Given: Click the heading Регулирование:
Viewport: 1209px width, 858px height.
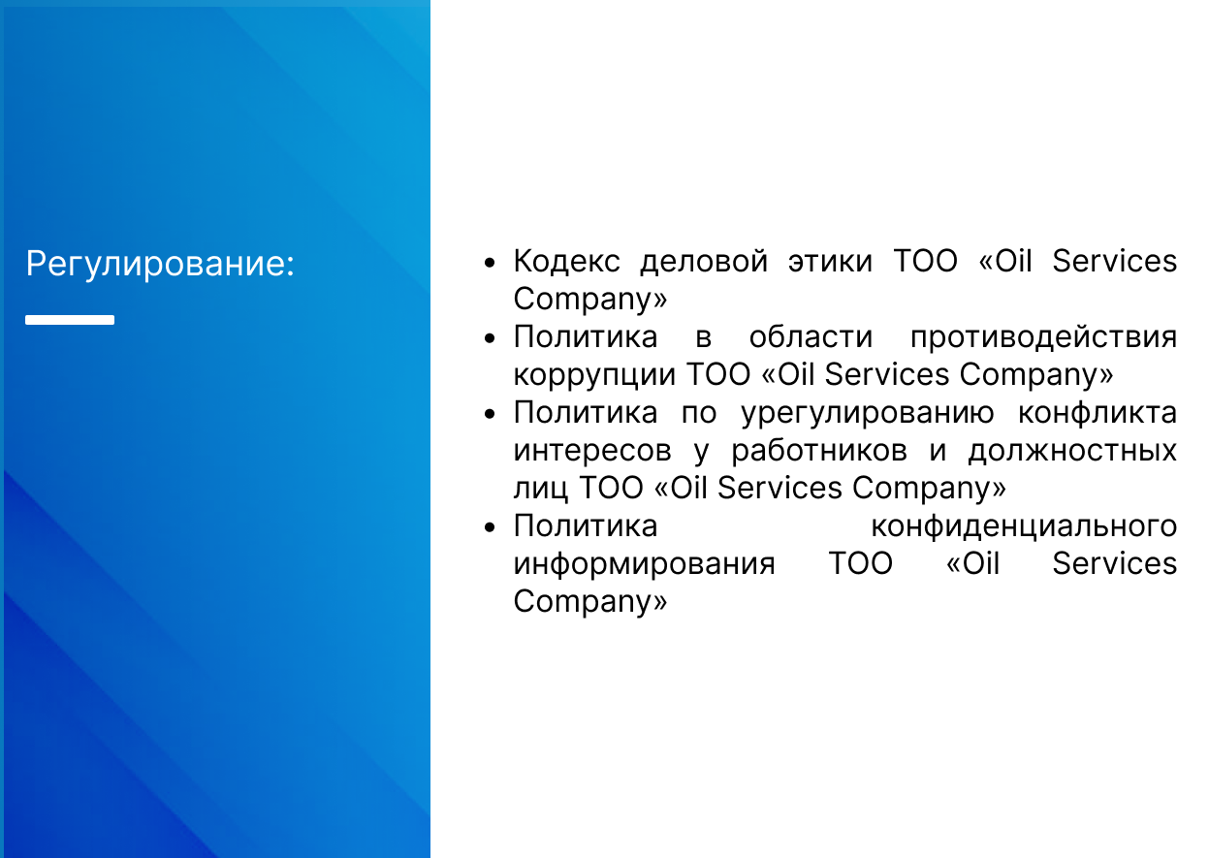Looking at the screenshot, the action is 160,265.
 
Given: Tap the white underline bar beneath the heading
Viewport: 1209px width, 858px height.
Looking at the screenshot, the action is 70,320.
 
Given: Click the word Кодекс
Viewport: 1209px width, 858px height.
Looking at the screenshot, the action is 567,261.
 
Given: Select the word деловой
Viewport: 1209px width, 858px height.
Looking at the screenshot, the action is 704,263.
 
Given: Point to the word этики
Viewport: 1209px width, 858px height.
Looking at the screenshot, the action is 830,263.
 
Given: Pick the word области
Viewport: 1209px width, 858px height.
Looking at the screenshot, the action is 811,337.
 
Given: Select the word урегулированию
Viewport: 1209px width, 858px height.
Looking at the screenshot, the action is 868,414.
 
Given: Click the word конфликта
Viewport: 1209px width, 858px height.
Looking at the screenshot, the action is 1098,413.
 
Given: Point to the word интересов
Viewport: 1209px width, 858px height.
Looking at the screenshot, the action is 592,451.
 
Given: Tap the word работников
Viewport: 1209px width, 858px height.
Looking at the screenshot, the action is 819,451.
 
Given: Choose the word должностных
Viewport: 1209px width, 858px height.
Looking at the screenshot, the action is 1072,452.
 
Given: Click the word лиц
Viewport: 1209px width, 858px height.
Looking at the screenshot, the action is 540,489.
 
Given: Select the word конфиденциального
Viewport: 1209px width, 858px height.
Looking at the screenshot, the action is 1025,526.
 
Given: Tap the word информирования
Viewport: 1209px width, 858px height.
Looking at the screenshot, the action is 645,564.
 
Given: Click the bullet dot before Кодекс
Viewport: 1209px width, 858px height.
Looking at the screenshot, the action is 490,264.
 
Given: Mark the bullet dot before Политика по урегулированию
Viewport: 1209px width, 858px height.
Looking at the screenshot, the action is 490,414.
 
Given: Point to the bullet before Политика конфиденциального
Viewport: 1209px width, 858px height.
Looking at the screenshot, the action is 490,527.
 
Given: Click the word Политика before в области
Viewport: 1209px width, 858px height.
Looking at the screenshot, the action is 586,337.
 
